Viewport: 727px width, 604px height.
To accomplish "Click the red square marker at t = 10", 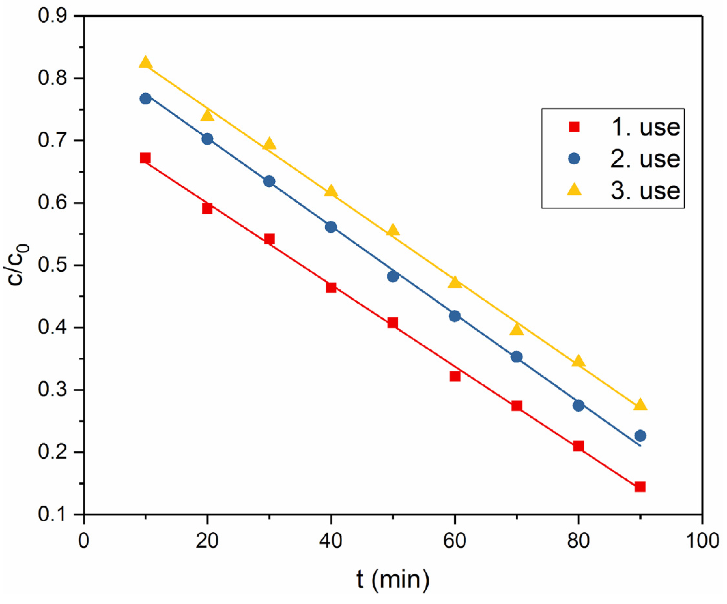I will coord(145,158).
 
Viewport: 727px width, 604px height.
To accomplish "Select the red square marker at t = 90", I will coord(640,487).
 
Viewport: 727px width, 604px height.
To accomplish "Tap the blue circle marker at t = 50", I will coord(392,276).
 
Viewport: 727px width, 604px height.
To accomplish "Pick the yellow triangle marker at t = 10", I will coord(145,63).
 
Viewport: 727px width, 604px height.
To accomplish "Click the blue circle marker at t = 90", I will coord(640,436).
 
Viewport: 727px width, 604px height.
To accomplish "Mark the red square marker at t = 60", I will coord(455,376).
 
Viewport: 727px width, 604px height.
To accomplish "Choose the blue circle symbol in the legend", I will coord(574,159).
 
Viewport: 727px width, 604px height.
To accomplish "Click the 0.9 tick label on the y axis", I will coord(52,16).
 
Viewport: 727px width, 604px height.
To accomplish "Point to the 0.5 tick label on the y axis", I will coord(52,265).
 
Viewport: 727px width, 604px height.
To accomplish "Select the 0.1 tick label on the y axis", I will coord(52,514).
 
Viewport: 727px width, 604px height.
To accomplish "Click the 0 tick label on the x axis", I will coord(83,540).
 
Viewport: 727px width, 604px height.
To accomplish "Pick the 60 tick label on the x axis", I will coord(455,540).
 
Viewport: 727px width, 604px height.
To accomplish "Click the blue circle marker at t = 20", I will coord(207,139).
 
